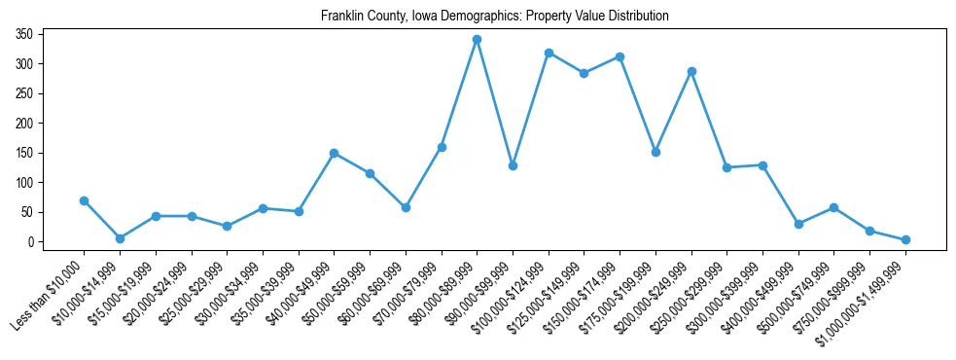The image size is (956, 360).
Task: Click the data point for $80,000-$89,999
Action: [x=477, y=40]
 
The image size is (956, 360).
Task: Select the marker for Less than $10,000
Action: [x=84, y=200]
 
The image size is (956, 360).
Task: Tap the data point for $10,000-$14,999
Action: [x=120, y=238]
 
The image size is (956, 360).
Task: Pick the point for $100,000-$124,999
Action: [x=549, y=53]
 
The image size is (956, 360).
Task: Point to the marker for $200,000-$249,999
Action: [x=691, y=71]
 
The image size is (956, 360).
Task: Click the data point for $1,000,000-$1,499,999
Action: [x=905, y=239]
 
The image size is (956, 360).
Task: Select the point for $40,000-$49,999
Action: [x=334, y=153]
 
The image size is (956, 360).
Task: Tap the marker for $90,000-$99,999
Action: [x=513, y=165]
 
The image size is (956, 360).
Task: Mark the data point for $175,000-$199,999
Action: [x=655, y=152]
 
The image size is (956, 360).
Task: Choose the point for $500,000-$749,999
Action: [x=833, y=207]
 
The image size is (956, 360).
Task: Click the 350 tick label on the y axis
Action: [x=24, y=34]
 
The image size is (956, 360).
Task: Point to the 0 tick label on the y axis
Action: [x=30, y=241]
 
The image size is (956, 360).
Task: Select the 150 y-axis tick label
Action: [x=24, y=153]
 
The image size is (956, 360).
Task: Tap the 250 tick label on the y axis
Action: [x=24, y=93]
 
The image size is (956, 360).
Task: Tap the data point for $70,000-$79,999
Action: [x=442, y=147]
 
